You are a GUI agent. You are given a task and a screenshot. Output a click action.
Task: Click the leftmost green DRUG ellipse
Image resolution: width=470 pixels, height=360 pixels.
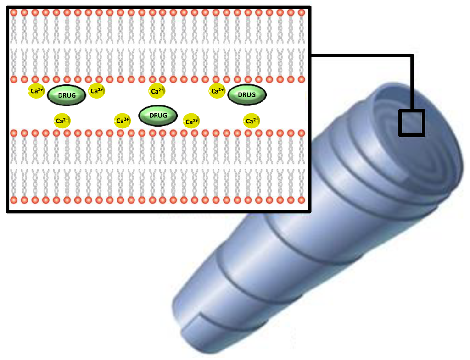pyautogui.click(x=67, y=95)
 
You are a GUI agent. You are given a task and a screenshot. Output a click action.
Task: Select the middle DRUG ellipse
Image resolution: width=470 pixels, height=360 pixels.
pyautogui.click(x=158, y=116)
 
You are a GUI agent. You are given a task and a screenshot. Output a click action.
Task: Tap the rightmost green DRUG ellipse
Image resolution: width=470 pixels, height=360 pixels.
pyautogui.click(x=247, y=95)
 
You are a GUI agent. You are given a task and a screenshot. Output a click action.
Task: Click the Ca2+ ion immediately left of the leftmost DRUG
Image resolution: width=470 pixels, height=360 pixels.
pyautogui.click(x=37, y=91)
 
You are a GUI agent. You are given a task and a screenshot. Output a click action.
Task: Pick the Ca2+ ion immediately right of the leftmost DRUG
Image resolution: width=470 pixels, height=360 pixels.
pyautogui.click(x=97, y=91)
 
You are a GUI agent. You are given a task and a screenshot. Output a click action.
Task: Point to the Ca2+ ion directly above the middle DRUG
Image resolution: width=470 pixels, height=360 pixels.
pyautogui.click(x=157, y=91)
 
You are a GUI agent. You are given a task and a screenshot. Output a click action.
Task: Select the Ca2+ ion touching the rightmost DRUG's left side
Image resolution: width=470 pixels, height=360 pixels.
pyautogui.click(x=217, y=91)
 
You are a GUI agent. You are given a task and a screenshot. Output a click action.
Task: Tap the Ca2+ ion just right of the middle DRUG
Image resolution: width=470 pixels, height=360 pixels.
pyautogui.click(x=191, y=122)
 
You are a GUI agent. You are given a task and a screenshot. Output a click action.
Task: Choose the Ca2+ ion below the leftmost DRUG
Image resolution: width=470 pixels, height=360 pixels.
pyautogui.click(x=62, y=121)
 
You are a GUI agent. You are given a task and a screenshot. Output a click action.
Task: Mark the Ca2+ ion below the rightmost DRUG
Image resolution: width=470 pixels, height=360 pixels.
pyautogui.click(x=251, y=121)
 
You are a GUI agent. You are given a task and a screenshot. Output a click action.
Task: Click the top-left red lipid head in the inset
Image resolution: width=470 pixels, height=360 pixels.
pyautogui.click(x=14, y=12)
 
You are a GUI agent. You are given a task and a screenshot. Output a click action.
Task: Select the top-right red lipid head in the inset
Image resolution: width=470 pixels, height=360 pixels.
pyautogui.click(x=302, y=12)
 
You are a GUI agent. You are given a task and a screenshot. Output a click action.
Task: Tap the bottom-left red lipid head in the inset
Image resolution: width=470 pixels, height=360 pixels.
pyautogui.click(x=14, y=200)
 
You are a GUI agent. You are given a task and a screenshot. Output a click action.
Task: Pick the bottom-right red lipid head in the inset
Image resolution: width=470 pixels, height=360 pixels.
pyautogui.click(x=302, y=200)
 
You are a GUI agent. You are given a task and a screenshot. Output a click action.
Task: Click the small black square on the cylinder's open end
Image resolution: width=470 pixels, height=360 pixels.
pyautogui.click(x=412, y=123)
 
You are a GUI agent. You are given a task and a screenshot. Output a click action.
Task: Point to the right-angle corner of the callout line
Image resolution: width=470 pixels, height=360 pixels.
pyautogui.click(x=412, y=56)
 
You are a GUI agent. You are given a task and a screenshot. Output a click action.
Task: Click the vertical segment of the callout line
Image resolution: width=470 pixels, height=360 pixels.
pyautogui.click(x=412, y=83)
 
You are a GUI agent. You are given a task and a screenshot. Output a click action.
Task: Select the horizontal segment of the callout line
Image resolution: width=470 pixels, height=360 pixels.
pyautogui.click(x=363, y=56)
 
